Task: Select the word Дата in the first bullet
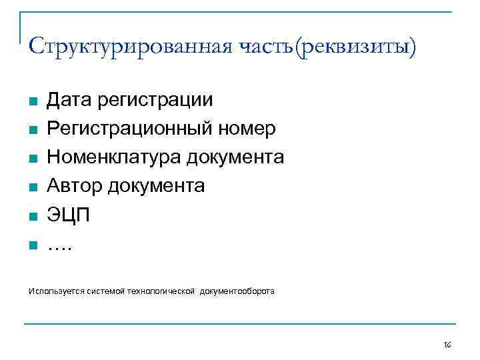[69, 100]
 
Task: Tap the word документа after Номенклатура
[235, 157]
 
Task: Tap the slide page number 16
[447, 345]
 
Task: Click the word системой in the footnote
[107, 291]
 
